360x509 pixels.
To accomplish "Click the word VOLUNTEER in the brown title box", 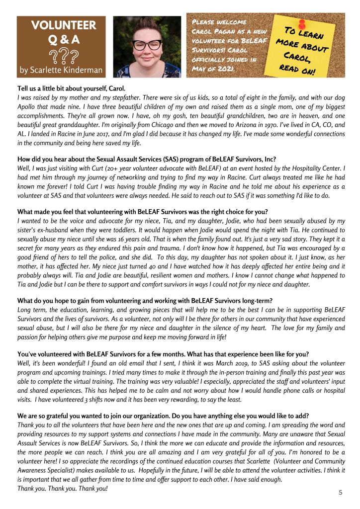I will coord(61,25).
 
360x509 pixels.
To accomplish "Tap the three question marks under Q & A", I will coord(61,55).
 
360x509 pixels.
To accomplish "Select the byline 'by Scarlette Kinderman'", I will coord(61,70).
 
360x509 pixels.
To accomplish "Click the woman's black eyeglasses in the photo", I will coord(147,45).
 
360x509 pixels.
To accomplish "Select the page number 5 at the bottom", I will coord(341,492).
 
